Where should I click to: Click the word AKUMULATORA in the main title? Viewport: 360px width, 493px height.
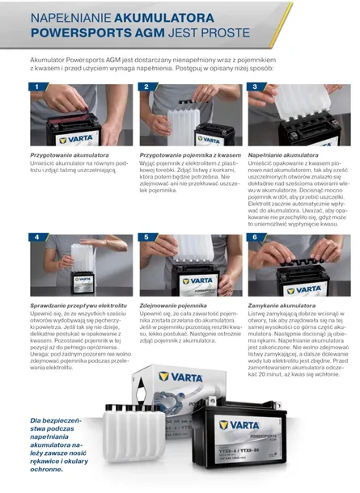[x=164, y=18]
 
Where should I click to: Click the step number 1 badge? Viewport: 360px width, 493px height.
[x=37, y=86]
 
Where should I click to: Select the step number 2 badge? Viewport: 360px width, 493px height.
[x=146, y=86]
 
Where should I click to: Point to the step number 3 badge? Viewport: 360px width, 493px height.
[x=255, y=86]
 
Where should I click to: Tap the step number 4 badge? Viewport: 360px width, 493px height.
[x=37, y=237]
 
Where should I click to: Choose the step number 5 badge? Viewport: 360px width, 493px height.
[x=146, y=237]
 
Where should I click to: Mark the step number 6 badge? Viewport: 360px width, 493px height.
[x=255, y=237]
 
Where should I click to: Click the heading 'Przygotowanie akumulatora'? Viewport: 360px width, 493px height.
[x=70, y=155]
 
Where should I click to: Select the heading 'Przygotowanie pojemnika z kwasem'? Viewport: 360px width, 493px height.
[x=190, y=155]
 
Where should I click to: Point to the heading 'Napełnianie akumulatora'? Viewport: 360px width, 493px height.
[x=283, y=155]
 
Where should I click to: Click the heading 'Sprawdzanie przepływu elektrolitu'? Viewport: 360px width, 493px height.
[x=78, y=305]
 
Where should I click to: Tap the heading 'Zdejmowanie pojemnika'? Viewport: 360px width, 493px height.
[x=173, y=305]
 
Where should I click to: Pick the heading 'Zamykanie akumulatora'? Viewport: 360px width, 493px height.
[x=282, y=305]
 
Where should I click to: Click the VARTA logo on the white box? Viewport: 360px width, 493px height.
[x=180, y=377]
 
